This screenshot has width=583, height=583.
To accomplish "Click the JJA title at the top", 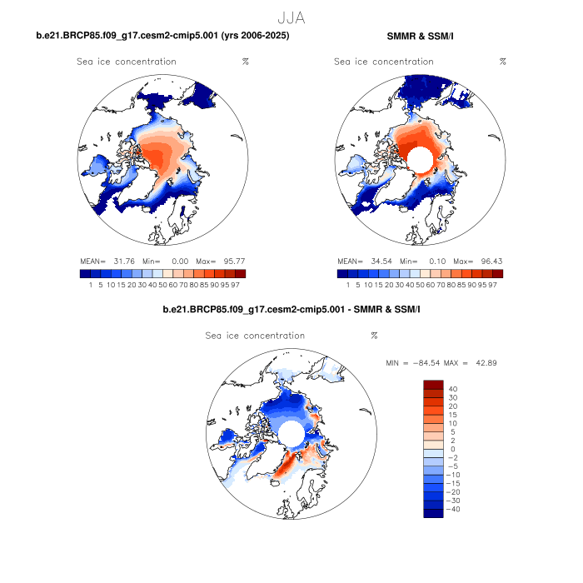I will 291,16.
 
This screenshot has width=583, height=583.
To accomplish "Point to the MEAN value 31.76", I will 122,261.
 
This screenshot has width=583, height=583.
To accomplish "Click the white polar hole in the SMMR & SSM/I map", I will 419,158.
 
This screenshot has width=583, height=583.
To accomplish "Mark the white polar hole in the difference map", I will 291,433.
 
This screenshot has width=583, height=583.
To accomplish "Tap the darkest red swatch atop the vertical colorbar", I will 436,385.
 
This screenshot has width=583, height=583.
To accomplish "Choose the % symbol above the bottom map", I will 374,336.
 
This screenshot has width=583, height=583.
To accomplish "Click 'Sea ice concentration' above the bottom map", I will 255,336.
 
